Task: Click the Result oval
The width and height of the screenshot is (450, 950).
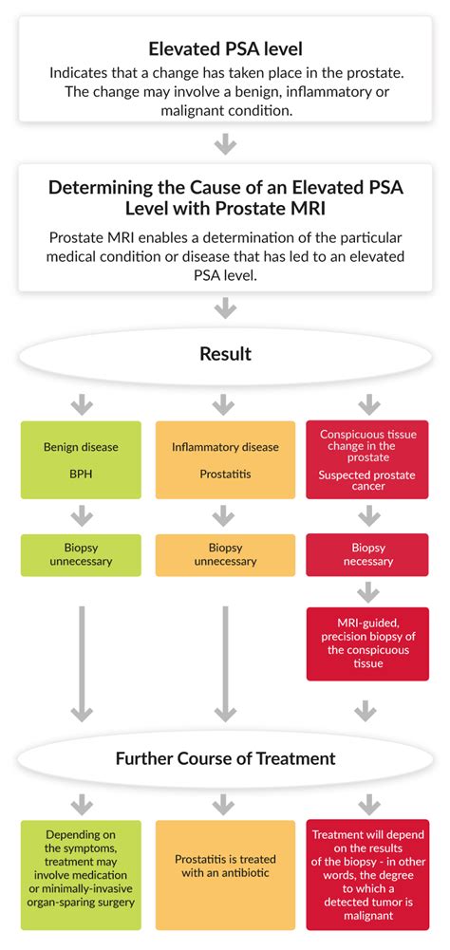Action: click(225, 354)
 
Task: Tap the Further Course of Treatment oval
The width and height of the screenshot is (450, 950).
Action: click(225, 758)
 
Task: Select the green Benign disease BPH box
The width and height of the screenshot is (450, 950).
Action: click(81, 459)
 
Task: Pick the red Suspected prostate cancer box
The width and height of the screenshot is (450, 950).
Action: click(367, 459)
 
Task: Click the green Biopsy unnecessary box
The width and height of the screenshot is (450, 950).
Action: click(81, 555)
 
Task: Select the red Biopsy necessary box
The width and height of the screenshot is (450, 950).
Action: click(367, 555)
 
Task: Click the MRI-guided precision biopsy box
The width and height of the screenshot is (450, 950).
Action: click(367, 643)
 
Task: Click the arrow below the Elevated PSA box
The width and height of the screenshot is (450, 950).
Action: click(225, 142)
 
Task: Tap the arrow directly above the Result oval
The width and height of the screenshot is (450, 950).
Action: click(225, 308)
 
